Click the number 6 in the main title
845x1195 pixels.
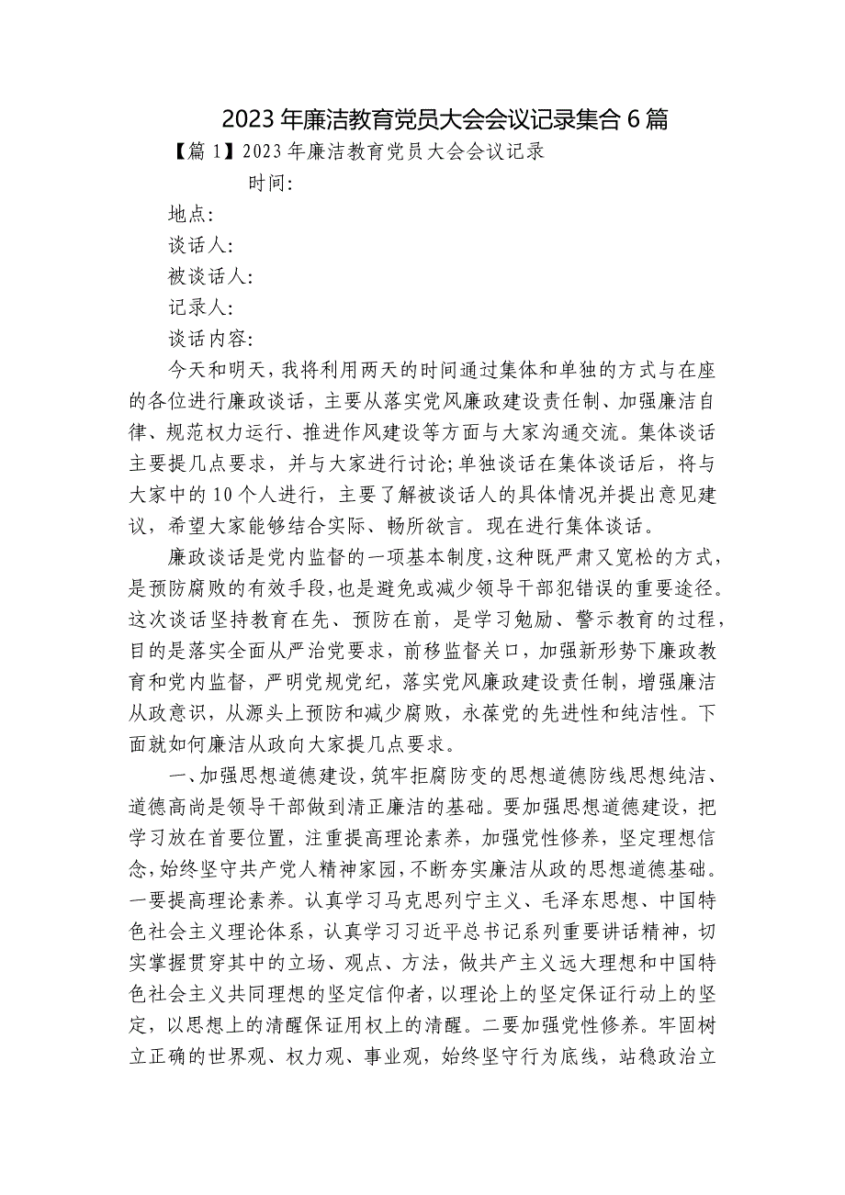click(633, 118)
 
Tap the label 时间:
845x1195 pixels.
click(270, 184)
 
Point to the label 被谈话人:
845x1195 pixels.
click(210, 277)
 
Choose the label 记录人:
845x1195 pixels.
click(200, 308)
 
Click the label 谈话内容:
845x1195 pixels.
click(210, 340)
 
